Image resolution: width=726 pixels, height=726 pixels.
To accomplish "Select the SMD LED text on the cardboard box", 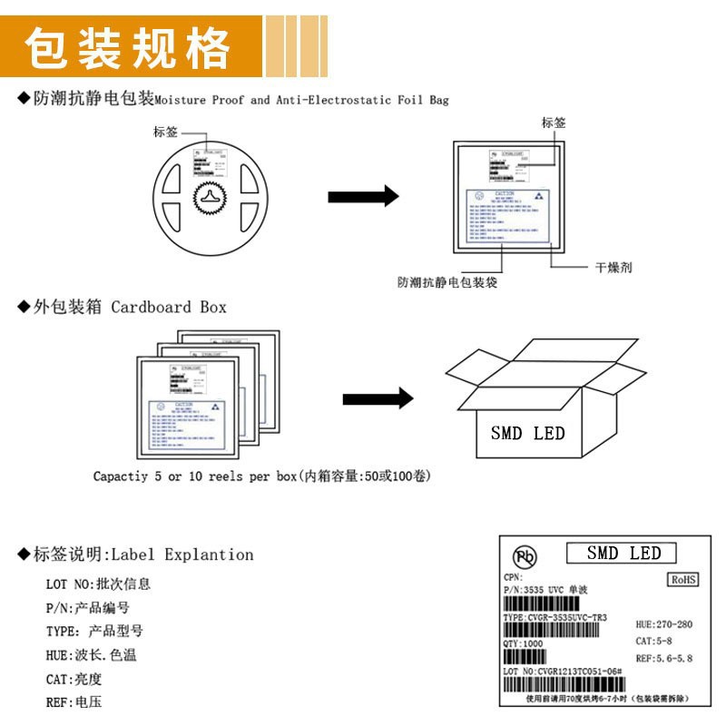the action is pos(527,434).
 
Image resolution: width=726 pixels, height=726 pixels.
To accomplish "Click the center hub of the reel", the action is pos(211,197).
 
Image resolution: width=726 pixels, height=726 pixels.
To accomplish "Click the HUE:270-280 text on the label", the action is pos(664,624).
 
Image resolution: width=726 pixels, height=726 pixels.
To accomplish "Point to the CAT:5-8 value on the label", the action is pos(653,641).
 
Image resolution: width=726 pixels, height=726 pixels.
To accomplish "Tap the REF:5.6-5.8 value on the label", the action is pos(664,658).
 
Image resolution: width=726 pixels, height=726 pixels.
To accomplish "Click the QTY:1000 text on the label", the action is pos(524,643).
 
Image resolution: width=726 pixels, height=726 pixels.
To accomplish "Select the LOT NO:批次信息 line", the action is pos(98,584).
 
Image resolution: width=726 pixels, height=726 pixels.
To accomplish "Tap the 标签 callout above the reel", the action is pos(166,132).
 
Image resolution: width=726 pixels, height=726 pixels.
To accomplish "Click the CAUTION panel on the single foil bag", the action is pos(509,216).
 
